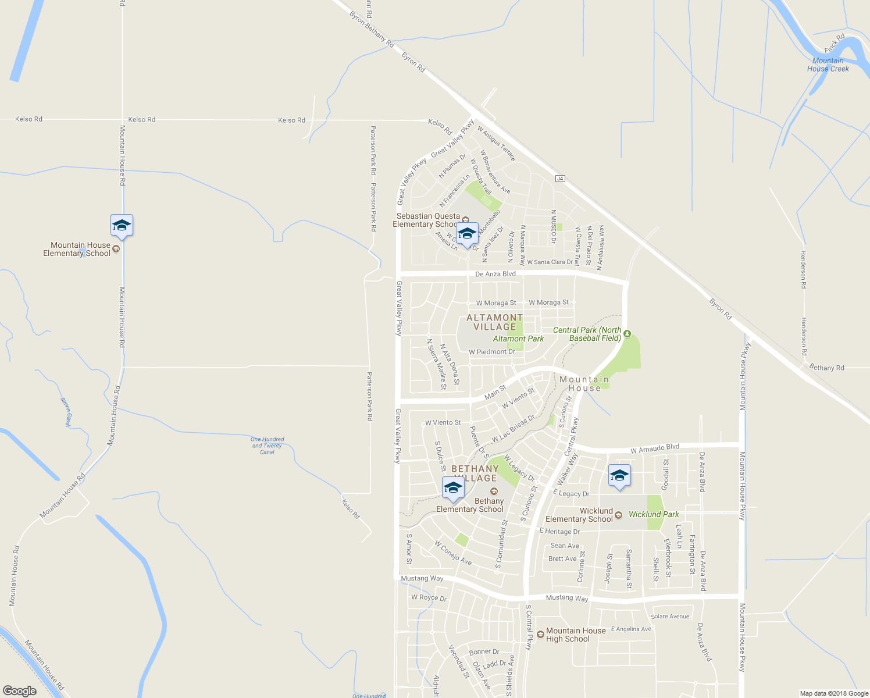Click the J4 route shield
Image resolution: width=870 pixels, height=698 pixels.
560,179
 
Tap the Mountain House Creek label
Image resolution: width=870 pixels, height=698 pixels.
828,65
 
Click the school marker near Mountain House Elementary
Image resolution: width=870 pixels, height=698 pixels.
122,225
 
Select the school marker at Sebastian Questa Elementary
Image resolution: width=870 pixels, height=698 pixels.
467,233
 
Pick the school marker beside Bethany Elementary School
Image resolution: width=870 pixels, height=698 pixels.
453,488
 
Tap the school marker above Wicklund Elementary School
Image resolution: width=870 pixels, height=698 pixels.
619,476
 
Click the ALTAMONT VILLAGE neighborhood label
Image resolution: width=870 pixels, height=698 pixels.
494,322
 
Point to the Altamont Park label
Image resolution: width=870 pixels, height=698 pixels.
518,339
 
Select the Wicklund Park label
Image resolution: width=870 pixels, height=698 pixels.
654,514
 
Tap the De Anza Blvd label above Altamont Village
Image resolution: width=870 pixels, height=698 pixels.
495,274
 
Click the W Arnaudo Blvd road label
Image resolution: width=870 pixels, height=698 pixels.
655,448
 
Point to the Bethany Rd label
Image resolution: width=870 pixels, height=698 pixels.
826,368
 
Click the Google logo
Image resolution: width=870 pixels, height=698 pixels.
20,691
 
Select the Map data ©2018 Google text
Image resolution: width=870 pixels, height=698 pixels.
834,693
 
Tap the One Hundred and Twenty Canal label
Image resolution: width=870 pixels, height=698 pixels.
268,446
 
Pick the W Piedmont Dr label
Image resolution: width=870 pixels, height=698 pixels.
491,352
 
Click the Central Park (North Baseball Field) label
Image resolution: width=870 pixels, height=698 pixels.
587,334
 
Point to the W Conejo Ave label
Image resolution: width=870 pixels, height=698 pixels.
453,553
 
